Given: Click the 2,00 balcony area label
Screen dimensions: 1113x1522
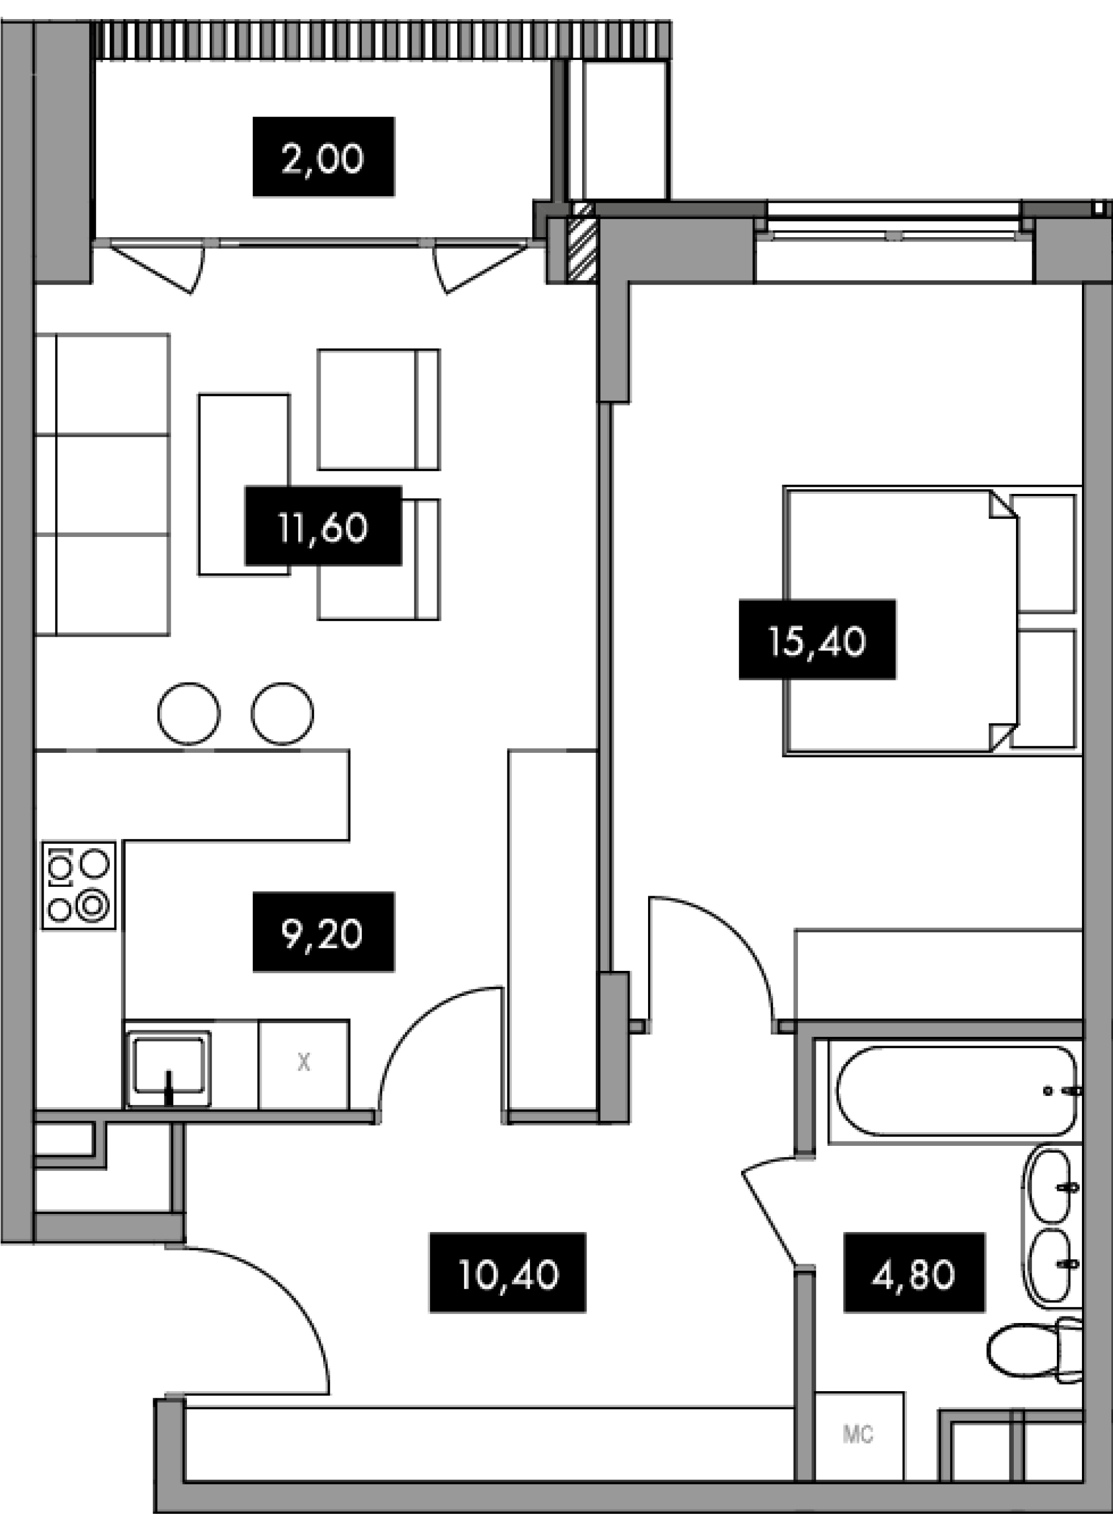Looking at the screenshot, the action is tap(323, 157).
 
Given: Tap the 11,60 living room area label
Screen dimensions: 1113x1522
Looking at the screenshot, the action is tap(323, 526).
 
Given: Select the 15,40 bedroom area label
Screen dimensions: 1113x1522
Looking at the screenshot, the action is tap(817, 639).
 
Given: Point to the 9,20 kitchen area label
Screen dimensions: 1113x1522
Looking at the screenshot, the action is tap(323, 933).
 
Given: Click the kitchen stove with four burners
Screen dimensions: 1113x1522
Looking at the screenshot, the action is tap(78, 886).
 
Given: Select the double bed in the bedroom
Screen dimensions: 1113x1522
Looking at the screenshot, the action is tap(930, 620).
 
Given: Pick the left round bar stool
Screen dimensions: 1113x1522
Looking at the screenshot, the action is tap(189, 714).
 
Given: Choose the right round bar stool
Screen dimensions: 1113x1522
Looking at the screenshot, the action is tap(282, 714).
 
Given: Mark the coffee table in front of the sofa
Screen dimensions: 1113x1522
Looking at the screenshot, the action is tap(244, 485).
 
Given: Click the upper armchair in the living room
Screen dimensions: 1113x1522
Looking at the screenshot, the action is tap(379, 409).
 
